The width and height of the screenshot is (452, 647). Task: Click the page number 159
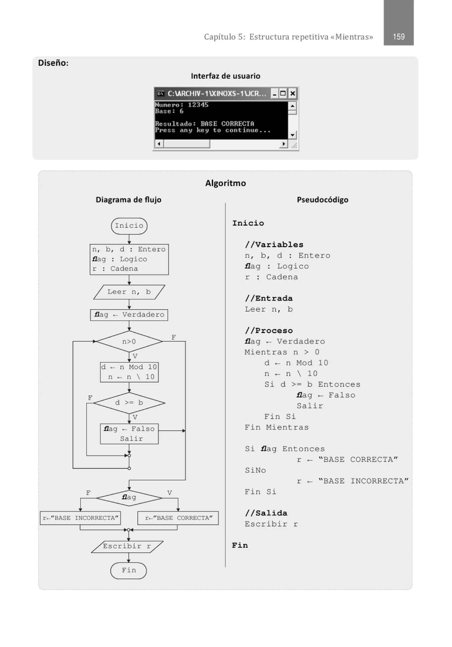[x=398, y=37]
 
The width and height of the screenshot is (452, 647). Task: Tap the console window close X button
[x=292, y=93]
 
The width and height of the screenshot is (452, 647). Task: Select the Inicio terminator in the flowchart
[x=129, y=226]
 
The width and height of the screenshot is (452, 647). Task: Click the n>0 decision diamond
[x=129, y=341]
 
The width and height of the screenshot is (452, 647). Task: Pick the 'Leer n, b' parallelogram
[x=129, y=292]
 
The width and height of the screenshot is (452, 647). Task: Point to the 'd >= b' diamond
[x=129, y=403]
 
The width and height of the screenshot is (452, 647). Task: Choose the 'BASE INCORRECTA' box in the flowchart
[x=80, y=518]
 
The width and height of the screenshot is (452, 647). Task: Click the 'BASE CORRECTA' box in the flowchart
[x=178, y=518]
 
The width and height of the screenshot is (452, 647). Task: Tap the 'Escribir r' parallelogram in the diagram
[x=127, y=546]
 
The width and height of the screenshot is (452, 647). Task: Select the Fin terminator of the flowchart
[x=128, y=570]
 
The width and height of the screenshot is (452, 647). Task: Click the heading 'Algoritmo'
[x=225, y=183]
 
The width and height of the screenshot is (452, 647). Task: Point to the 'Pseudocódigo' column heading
[x=322, y=200]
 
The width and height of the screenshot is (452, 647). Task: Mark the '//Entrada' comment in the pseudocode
[x=269, y=298]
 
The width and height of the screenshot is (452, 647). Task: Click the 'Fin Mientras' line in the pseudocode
[x=277, y=428]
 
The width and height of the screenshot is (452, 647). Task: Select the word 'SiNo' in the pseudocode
[x=255, y=470]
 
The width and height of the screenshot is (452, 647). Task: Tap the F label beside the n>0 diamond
[x=174, y=337]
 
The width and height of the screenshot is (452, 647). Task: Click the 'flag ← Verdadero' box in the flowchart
[x=129, y=315]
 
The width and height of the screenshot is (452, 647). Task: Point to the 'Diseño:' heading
[x=53, y=63]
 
